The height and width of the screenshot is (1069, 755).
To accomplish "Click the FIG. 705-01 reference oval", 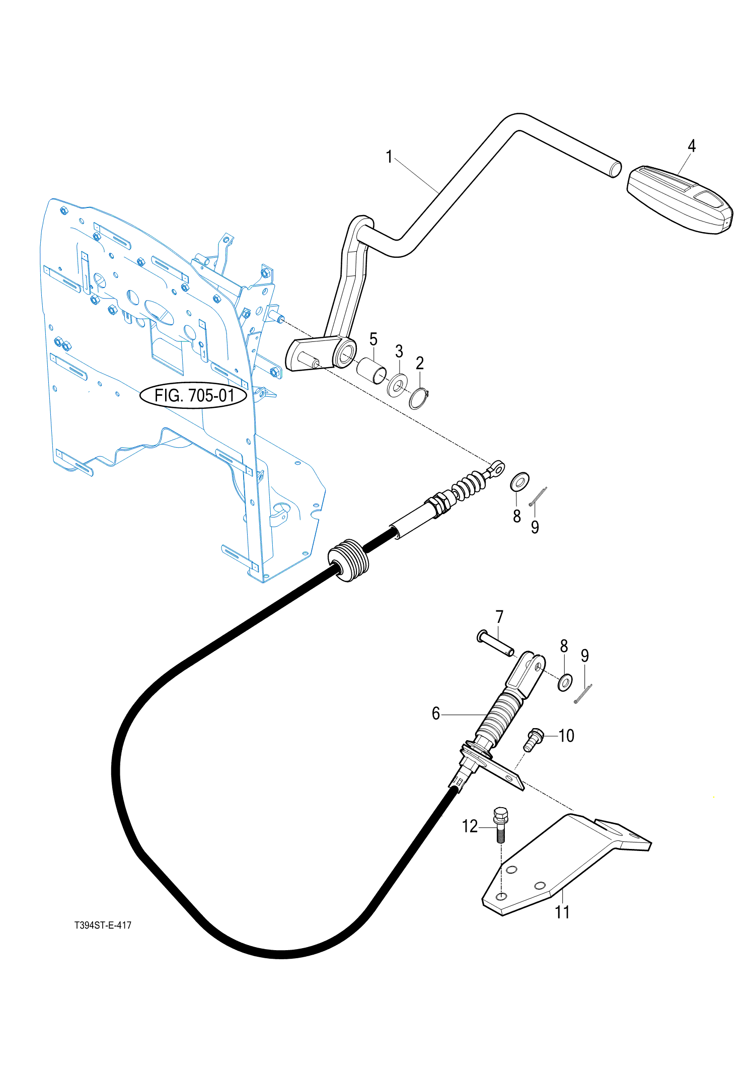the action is (193, 395).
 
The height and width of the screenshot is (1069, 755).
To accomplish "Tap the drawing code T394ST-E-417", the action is (103, 925).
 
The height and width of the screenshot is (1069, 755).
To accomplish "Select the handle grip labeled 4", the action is (679, 199).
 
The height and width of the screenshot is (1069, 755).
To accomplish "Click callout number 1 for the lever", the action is (389, 157).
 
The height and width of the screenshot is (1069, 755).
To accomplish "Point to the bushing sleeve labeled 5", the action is (371, 371).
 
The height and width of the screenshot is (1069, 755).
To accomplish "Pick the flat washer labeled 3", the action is (398, 385).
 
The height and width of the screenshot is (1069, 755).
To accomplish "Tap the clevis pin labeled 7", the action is (495, 643).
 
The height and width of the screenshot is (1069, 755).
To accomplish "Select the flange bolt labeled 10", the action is (533, 740).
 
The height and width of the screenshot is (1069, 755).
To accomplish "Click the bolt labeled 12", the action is (501, 824).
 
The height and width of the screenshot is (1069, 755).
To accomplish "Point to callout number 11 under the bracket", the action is (562, 912).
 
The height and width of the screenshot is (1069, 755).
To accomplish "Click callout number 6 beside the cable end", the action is (436, 714).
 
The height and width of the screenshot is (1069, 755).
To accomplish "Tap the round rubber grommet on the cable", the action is (348, 560).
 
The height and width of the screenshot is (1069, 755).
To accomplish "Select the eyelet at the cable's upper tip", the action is (496, 468).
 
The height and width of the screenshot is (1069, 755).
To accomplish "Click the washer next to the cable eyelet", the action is (519, 482).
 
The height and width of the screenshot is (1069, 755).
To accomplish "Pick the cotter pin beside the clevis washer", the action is (583, 693).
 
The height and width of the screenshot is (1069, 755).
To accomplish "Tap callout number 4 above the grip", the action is (692, 146).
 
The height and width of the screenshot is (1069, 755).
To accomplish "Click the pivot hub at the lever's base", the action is (344, 353).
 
